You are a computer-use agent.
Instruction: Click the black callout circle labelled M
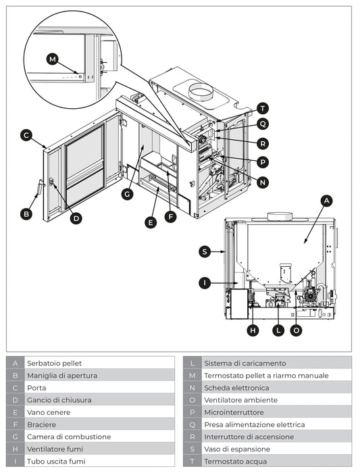(53, 59)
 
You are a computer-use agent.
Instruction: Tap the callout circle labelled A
(326, 201)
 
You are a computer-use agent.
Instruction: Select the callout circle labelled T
(262, 108)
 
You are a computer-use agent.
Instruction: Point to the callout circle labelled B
(26, 214)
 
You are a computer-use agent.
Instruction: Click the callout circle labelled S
(205, 251)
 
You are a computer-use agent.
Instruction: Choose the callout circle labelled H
(253, 330)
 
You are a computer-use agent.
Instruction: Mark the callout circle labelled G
(126, 194)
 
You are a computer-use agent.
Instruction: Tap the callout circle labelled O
(296, 330)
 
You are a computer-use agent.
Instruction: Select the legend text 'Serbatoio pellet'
(54, 364)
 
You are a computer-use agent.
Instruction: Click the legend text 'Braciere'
(41, 425)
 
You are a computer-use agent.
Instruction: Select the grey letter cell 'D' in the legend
(15, 400)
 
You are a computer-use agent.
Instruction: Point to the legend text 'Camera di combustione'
(64, 437)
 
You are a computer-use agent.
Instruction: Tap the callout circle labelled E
(151, 222)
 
